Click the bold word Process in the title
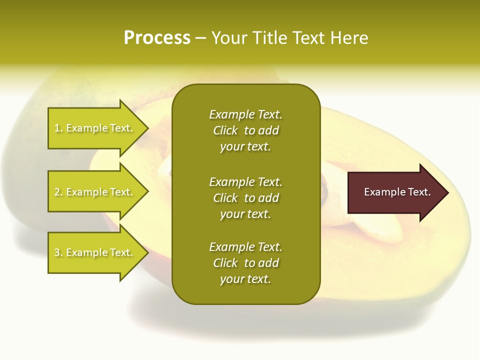point(157,38)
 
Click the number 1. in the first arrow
point(58,128)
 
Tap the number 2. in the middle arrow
point(58,192)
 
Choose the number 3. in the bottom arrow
point(58,252)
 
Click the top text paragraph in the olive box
point(245,130)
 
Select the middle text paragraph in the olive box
point(245,198)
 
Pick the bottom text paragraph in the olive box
point(245,263)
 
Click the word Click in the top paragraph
point(225,130)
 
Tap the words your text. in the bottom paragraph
point(245,279)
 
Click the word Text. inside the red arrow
point(419,192)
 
